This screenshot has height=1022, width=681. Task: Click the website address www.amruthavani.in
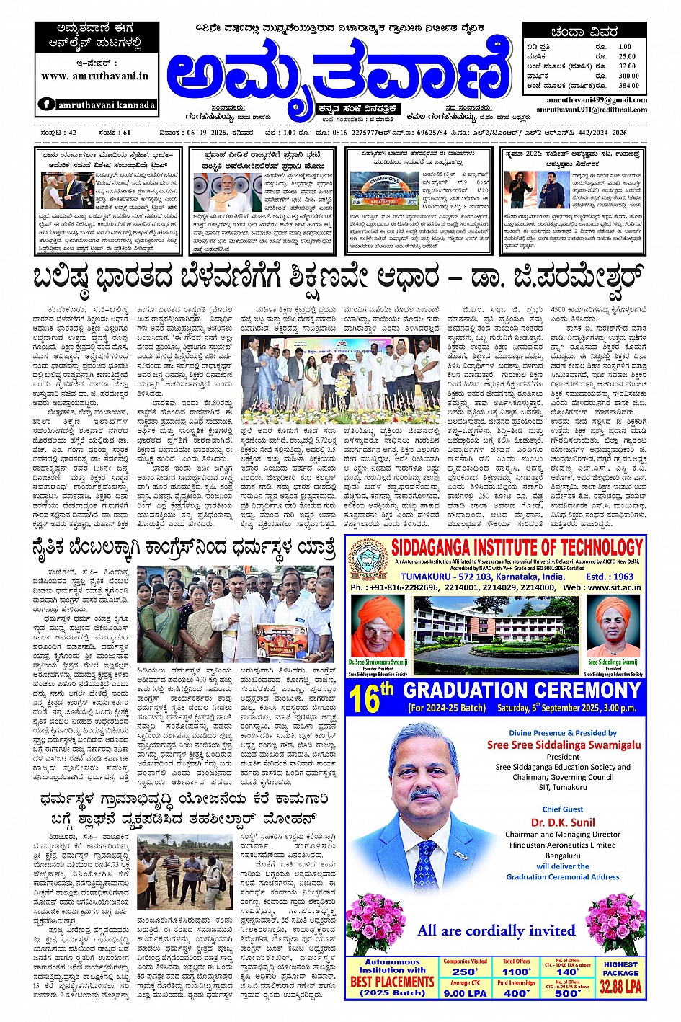coord(94,76)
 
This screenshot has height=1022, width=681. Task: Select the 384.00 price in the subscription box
coord(628,85)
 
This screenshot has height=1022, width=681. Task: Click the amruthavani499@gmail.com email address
coord(597,100)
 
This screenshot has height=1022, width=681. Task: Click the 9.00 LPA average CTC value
coord(465,992)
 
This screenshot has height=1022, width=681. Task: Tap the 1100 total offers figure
coord(516,972)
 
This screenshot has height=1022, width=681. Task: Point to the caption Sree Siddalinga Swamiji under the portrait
coord(613,661)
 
